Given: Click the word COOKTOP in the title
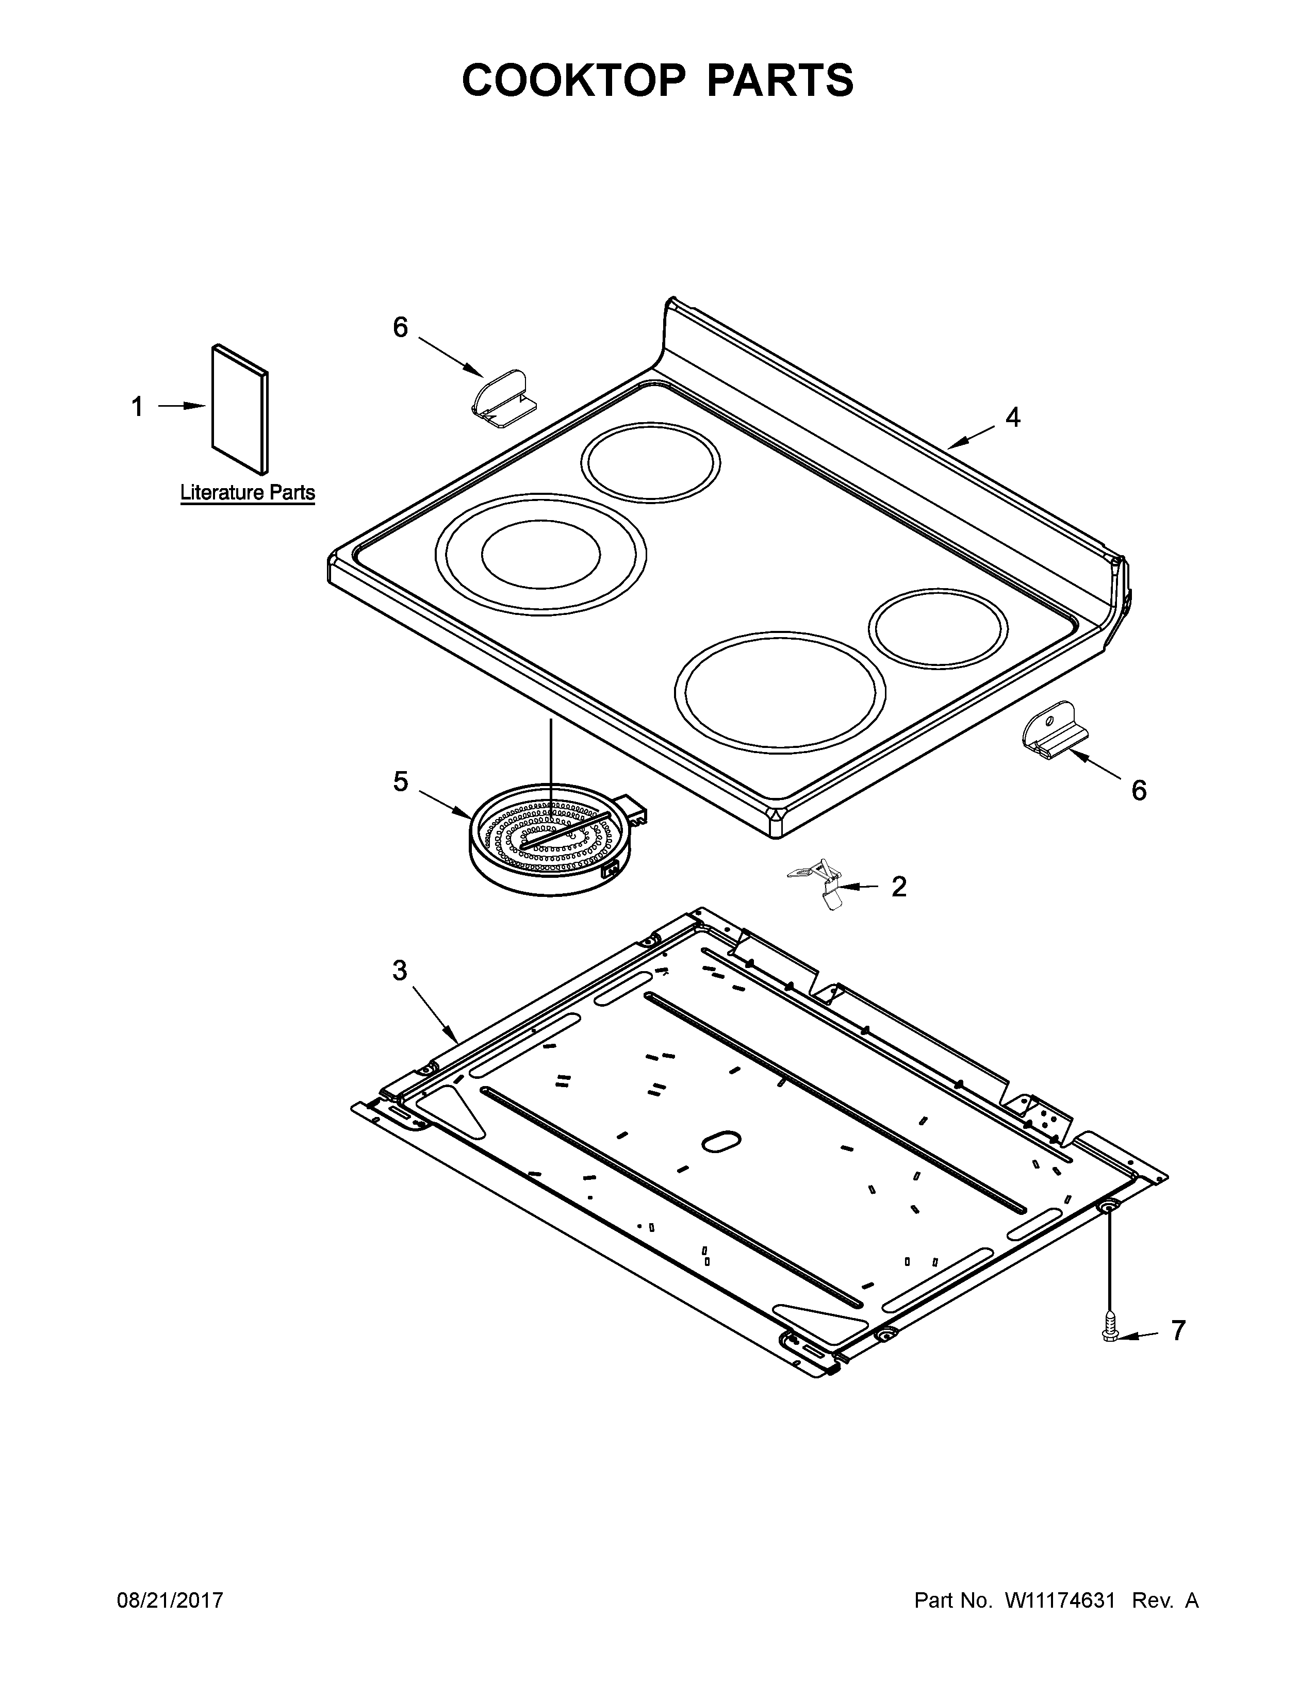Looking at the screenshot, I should pos(574,80).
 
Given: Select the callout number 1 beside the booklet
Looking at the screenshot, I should pos(138,407).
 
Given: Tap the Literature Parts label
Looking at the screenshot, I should pos(248,493).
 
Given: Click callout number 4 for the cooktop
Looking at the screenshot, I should pos(1012,418).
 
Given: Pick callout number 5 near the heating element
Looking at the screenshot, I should pos(400,781).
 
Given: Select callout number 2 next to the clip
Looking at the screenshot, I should pos(899,887).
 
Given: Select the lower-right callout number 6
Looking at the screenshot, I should pos(1139,791).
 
